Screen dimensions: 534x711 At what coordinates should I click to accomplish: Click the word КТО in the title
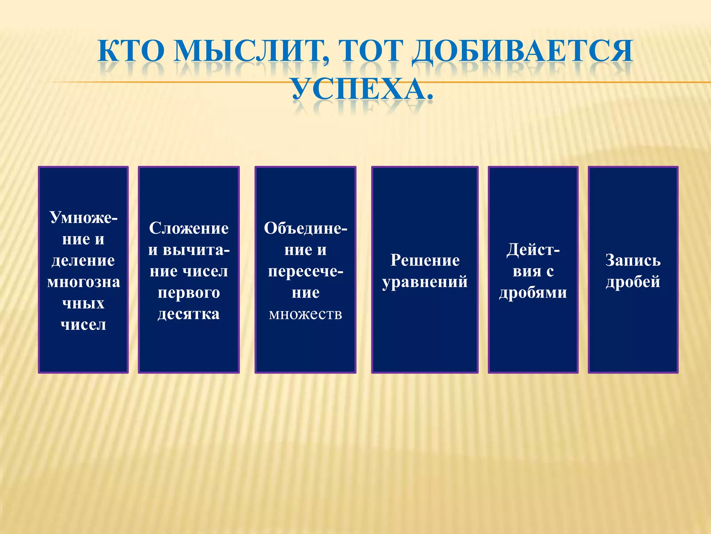[x=131, y=51]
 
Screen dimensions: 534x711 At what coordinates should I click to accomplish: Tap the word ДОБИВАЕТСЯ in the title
[x=522, y=51]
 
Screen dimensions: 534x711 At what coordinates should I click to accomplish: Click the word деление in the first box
[x=83, y=261]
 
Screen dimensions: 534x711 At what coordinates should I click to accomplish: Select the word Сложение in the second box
[x=189, y=229]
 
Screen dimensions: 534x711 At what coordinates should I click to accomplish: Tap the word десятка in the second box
[x=189, y=314]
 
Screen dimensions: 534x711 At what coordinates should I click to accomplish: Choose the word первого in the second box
[x=189, y=293]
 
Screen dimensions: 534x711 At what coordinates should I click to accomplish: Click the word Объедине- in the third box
[x=306, y=229]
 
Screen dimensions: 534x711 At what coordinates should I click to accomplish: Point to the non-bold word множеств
[x=306, y=314]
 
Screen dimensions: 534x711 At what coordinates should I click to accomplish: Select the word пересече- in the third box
[x=306, y=272]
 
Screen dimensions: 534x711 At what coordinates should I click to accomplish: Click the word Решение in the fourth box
[x=425, y=261]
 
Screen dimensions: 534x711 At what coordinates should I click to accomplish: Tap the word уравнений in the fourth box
[x=425, y=282]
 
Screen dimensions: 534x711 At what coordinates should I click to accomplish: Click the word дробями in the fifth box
[x=533, y=293]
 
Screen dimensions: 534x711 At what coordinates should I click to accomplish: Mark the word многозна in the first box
[x=83, y=282]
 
